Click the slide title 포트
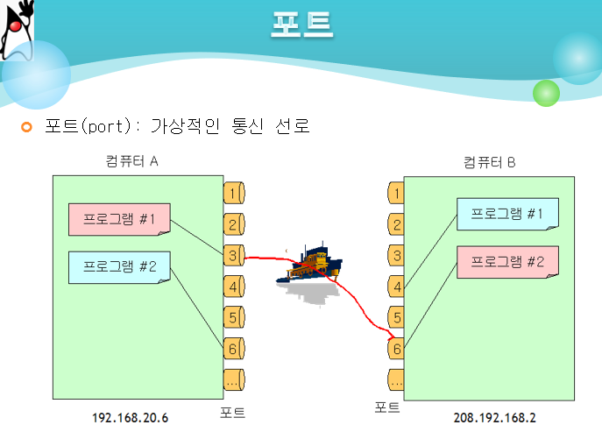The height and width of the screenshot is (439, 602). click(x=301, y=24)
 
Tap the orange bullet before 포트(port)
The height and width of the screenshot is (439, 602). click(x=26, y=128)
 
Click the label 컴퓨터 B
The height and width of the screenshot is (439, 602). click(x=490, y=162)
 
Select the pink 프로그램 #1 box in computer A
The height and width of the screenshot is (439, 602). click(x=119, y=219)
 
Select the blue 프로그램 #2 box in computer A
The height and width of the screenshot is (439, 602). click(x=119, y=266)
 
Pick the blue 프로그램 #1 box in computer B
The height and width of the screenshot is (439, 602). click(x=506, y=215)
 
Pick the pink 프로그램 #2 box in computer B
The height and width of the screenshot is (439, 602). click(x=506, y=261)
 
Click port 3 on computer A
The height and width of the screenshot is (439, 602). click(x=233, y=255)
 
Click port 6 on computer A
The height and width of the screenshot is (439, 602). click(x=233, y=348)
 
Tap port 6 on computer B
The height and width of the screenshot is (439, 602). click(x=397, y=349)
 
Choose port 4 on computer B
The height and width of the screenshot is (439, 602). click(x=397, y=287)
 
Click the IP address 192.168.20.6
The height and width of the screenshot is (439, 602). click(x=130, y=419)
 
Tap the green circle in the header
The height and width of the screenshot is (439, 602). click(x=546, y=93)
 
